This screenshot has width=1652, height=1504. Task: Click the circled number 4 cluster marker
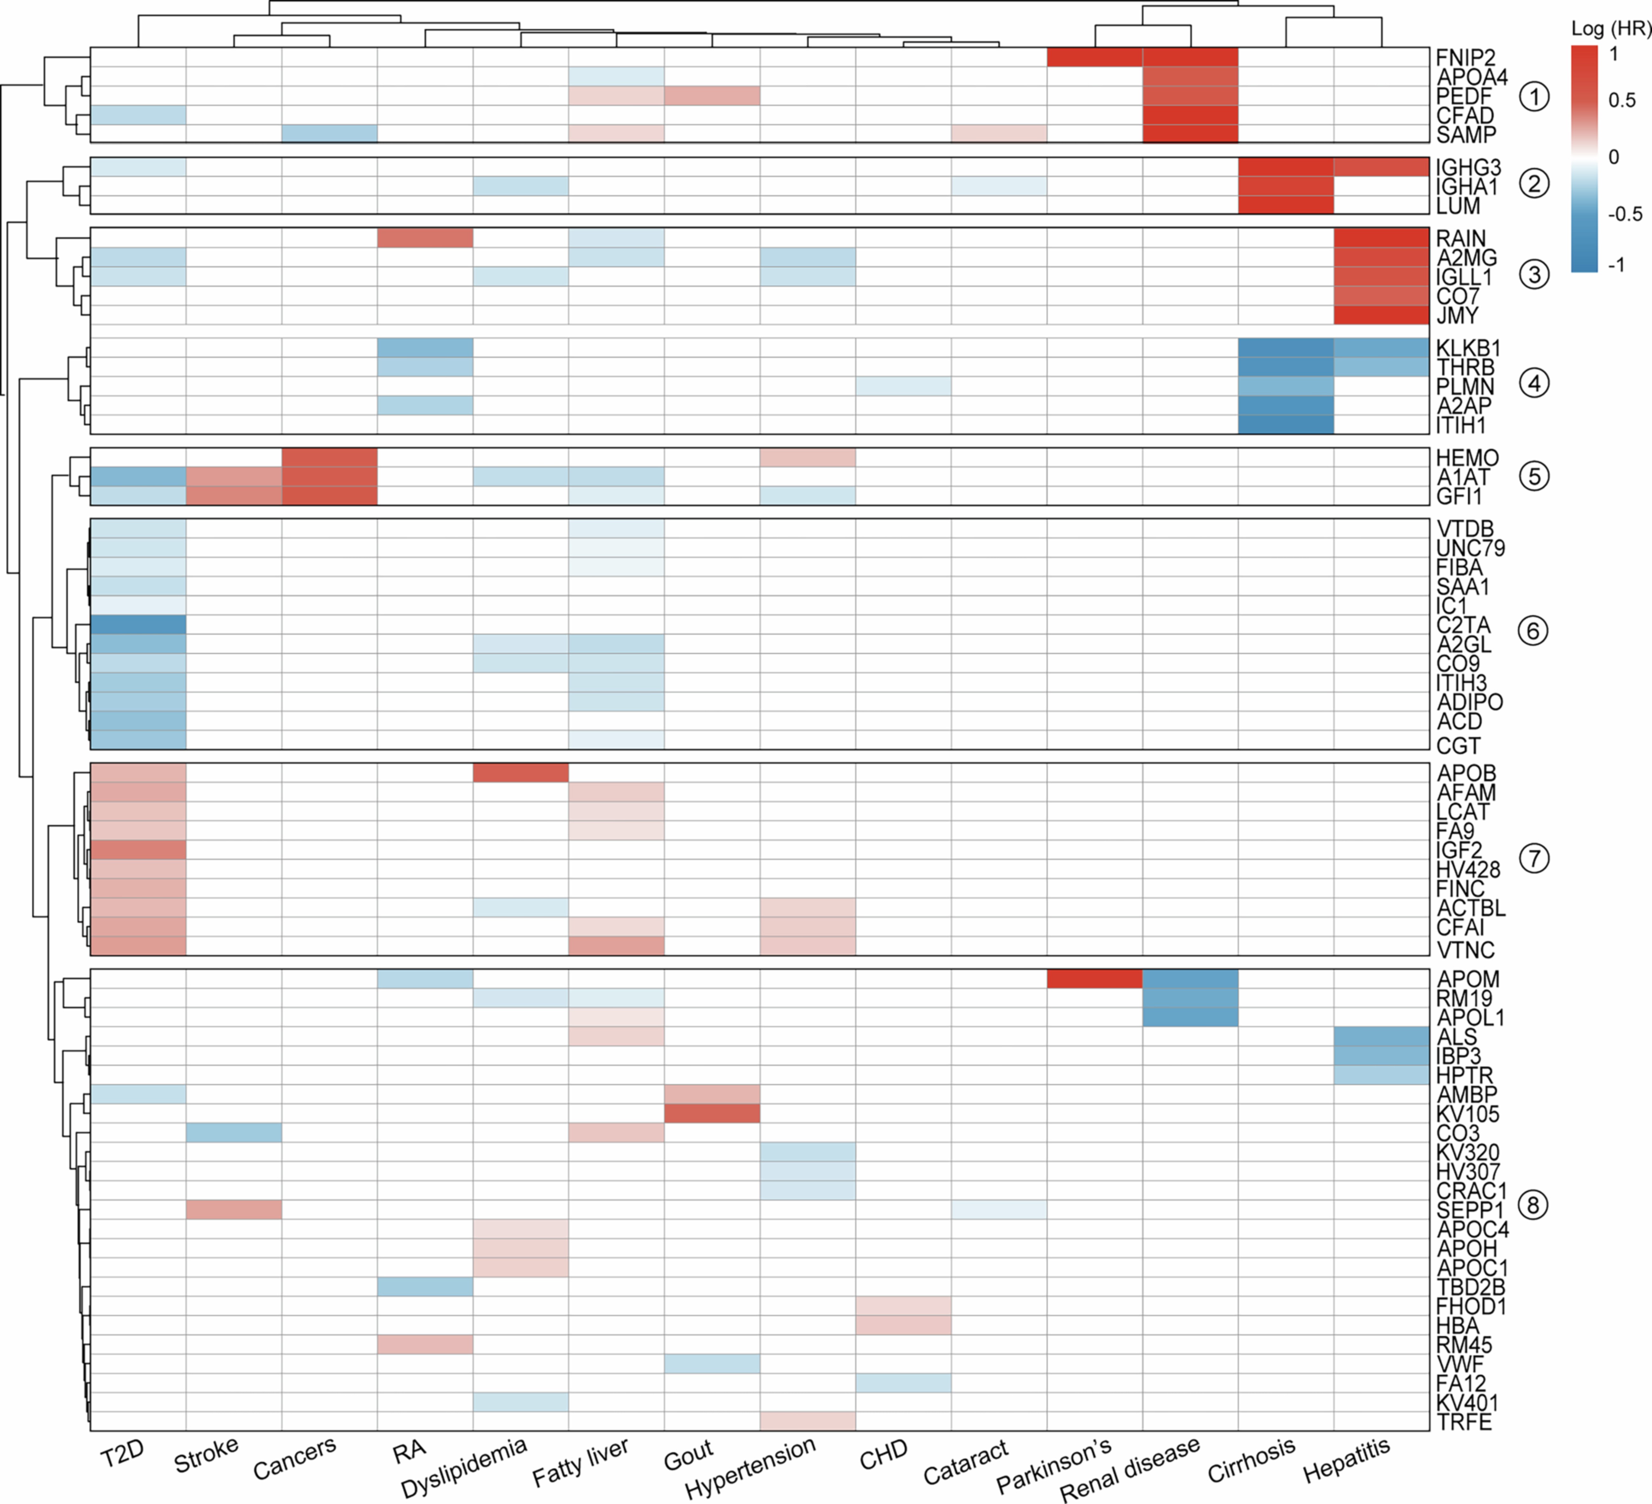pos(1534,383)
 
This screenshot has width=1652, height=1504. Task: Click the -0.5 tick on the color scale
pos(1624,214)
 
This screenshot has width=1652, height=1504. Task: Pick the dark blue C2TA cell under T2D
pos(138,625)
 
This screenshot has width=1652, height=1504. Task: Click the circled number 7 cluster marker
pos(1534,858)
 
